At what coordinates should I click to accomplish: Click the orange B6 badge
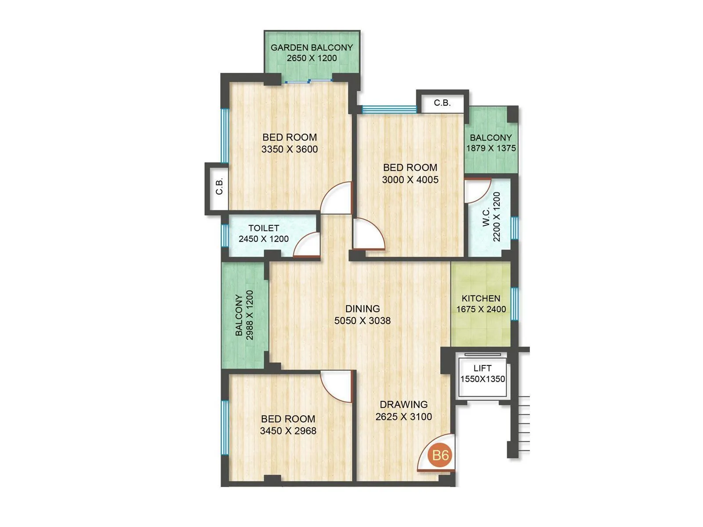[440, 455]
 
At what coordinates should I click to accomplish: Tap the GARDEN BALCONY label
[312, 47]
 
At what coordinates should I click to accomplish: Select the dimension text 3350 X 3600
[290, 149]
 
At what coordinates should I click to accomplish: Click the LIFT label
[482, 368]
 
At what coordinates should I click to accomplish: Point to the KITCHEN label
[481, 298]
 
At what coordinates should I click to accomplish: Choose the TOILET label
[264, 228]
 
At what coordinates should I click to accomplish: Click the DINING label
[362, 309]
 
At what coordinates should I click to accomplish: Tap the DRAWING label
[403, 404]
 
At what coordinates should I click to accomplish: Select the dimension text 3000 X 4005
[410, 180]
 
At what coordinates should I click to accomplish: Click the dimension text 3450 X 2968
[288, 431]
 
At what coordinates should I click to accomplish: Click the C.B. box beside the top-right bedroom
[442, 103]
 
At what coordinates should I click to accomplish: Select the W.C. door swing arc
[477, 190]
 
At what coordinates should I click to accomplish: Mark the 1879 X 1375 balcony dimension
[491, 148]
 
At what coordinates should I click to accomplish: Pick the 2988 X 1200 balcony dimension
[250, 315]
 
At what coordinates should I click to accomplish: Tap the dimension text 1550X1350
[482, 379]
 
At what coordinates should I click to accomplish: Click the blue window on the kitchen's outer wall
[515, 303]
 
